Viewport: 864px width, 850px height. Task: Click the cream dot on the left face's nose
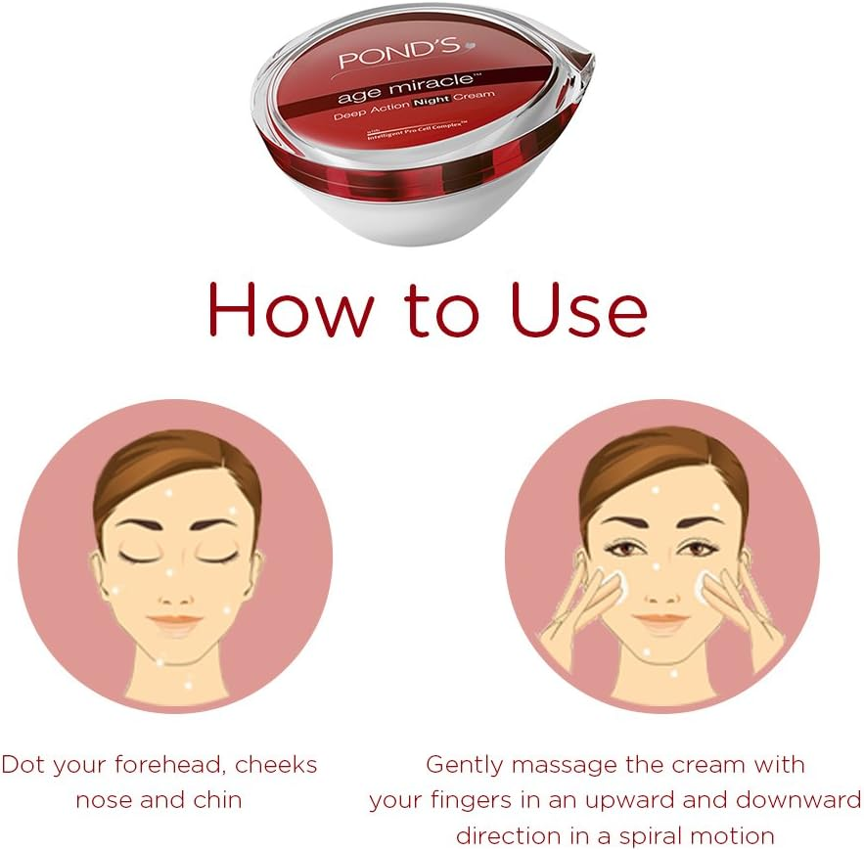[171, 569]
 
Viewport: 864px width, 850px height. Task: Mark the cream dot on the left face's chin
[174, 648]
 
